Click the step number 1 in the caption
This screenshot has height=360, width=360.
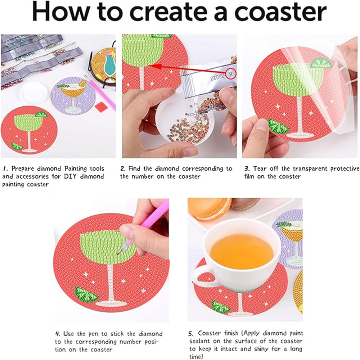5,168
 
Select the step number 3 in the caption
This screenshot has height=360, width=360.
247,168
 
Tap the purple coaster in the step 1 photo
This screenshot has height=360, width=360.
72,95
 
